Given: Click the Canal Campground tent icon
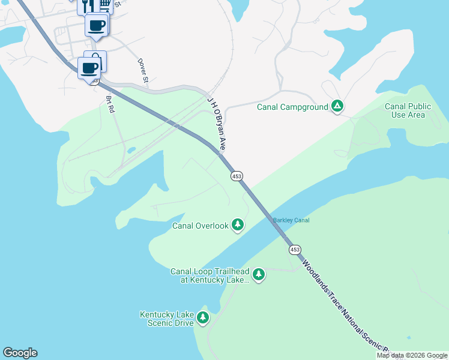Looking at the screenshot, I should pyautogui.click(x=338, y=107).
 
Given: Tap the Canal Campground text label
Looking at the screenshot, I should pyautogui.click(x=292, y=107).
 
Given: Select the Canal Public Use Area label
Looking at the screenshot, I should pyautogui.click(x=408, y=111).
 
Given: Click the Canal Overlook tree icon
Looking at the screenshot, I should pyautogui.click(x=238, y=225).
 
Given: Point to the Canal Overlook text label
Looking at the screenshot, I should pyautogui.click(x=200, y=226).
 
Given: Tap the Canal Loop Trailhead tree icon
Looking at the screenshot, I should pyautogui.click(x=259, y=275).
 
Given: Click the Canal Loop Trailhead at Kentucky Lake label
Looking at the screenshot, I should pyautogui.click(x=209, y=275).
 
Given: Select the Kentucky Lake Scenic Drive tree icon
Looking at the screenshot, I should pyautogui.click(x=203, y=317).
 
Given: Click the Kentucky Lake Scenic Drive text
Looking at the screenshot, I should pyautogui.click(x=167, y=319).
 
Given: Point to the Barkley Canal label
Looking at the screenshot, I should pyautogui.click(x=291, y=220).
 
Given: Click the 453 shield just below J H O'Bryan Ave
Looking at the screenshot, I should pyautogui.click(x=237, y=176).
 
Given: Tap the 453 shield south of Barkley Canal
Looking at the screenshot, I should pyautogui.click(x=294, y=249).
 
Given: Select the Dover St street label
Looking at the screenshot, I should pyautogui.click(x=143, y=70).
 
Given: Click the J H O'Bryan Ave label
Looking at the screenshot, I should pyautogui.click(x=217, y=123).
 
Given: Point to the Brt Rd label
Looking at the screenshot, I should pyautogui.click(x=110, y=104).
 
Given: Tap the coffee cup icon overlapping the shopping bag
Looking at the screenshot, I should pyautogui.click(x=89, y=67).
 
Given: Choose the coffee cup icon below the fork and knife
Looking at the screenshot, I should pyautogui.click(x=96, y=25).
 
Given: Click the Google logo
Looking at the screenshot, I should pyautogui.click(x=20, y=353).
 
